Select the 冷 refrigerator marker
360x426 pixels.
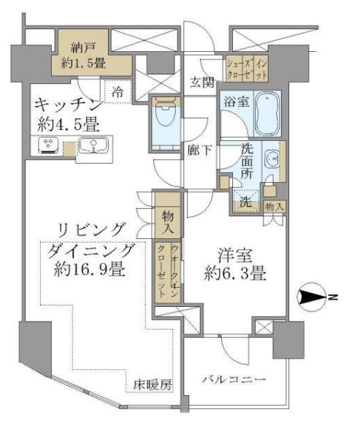[118, 92]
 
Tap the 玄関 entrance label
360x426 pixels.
[202, 81]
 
